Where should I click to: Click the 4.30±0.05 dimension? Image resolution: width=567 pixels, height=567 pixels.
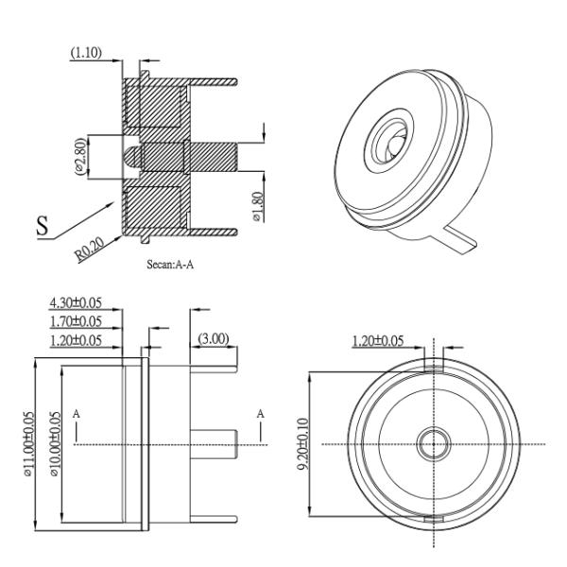pyautogui.click(x=76, y=303)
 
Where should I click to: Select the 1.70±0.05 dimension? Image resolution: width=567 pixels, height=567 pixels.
pyautogui.click(x=76, y=321)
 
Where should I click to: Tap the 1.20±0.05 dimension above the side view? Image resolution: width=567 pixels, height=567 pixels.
pyautogui.click(x=76, y=339)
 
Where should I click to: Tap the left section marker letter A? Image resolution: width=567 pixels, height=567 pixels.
pyautogui.click(x=76, y=414)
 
